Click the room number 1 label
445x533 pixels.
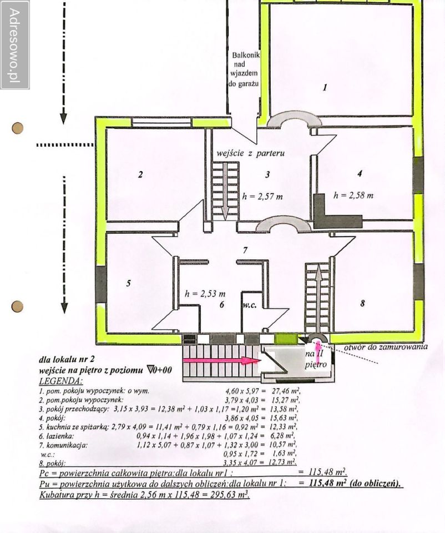pos(325,87)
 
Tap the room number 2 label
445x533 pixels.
pos(140,175)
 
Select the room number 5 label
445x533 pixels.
pos(128,283)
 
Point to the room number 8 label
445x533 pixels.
pos(362,303)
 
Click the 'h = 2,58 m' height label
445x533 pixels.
pos(353,195)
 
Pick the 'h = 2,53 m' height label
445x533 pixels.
pos(205,293)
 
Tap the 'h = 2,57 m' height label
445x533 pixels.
pos(263,196)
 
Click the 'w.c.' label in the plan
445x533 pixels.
pos(248,305)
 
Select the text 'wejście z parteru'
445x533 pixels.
pos(251,153)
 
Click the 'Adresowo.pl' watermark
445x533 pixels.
pos(15,44)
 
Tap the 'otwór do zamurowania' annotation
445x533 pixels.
pos(386,346)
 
